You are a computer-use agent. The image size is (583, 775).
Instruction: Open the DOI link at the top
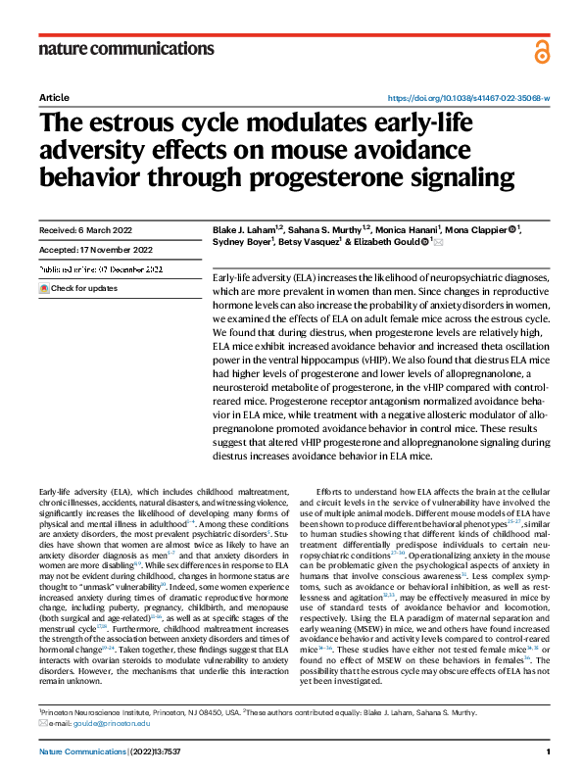point(469,99)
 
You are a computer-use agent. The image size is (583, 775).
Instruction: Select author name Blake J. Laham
point(243,231)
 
